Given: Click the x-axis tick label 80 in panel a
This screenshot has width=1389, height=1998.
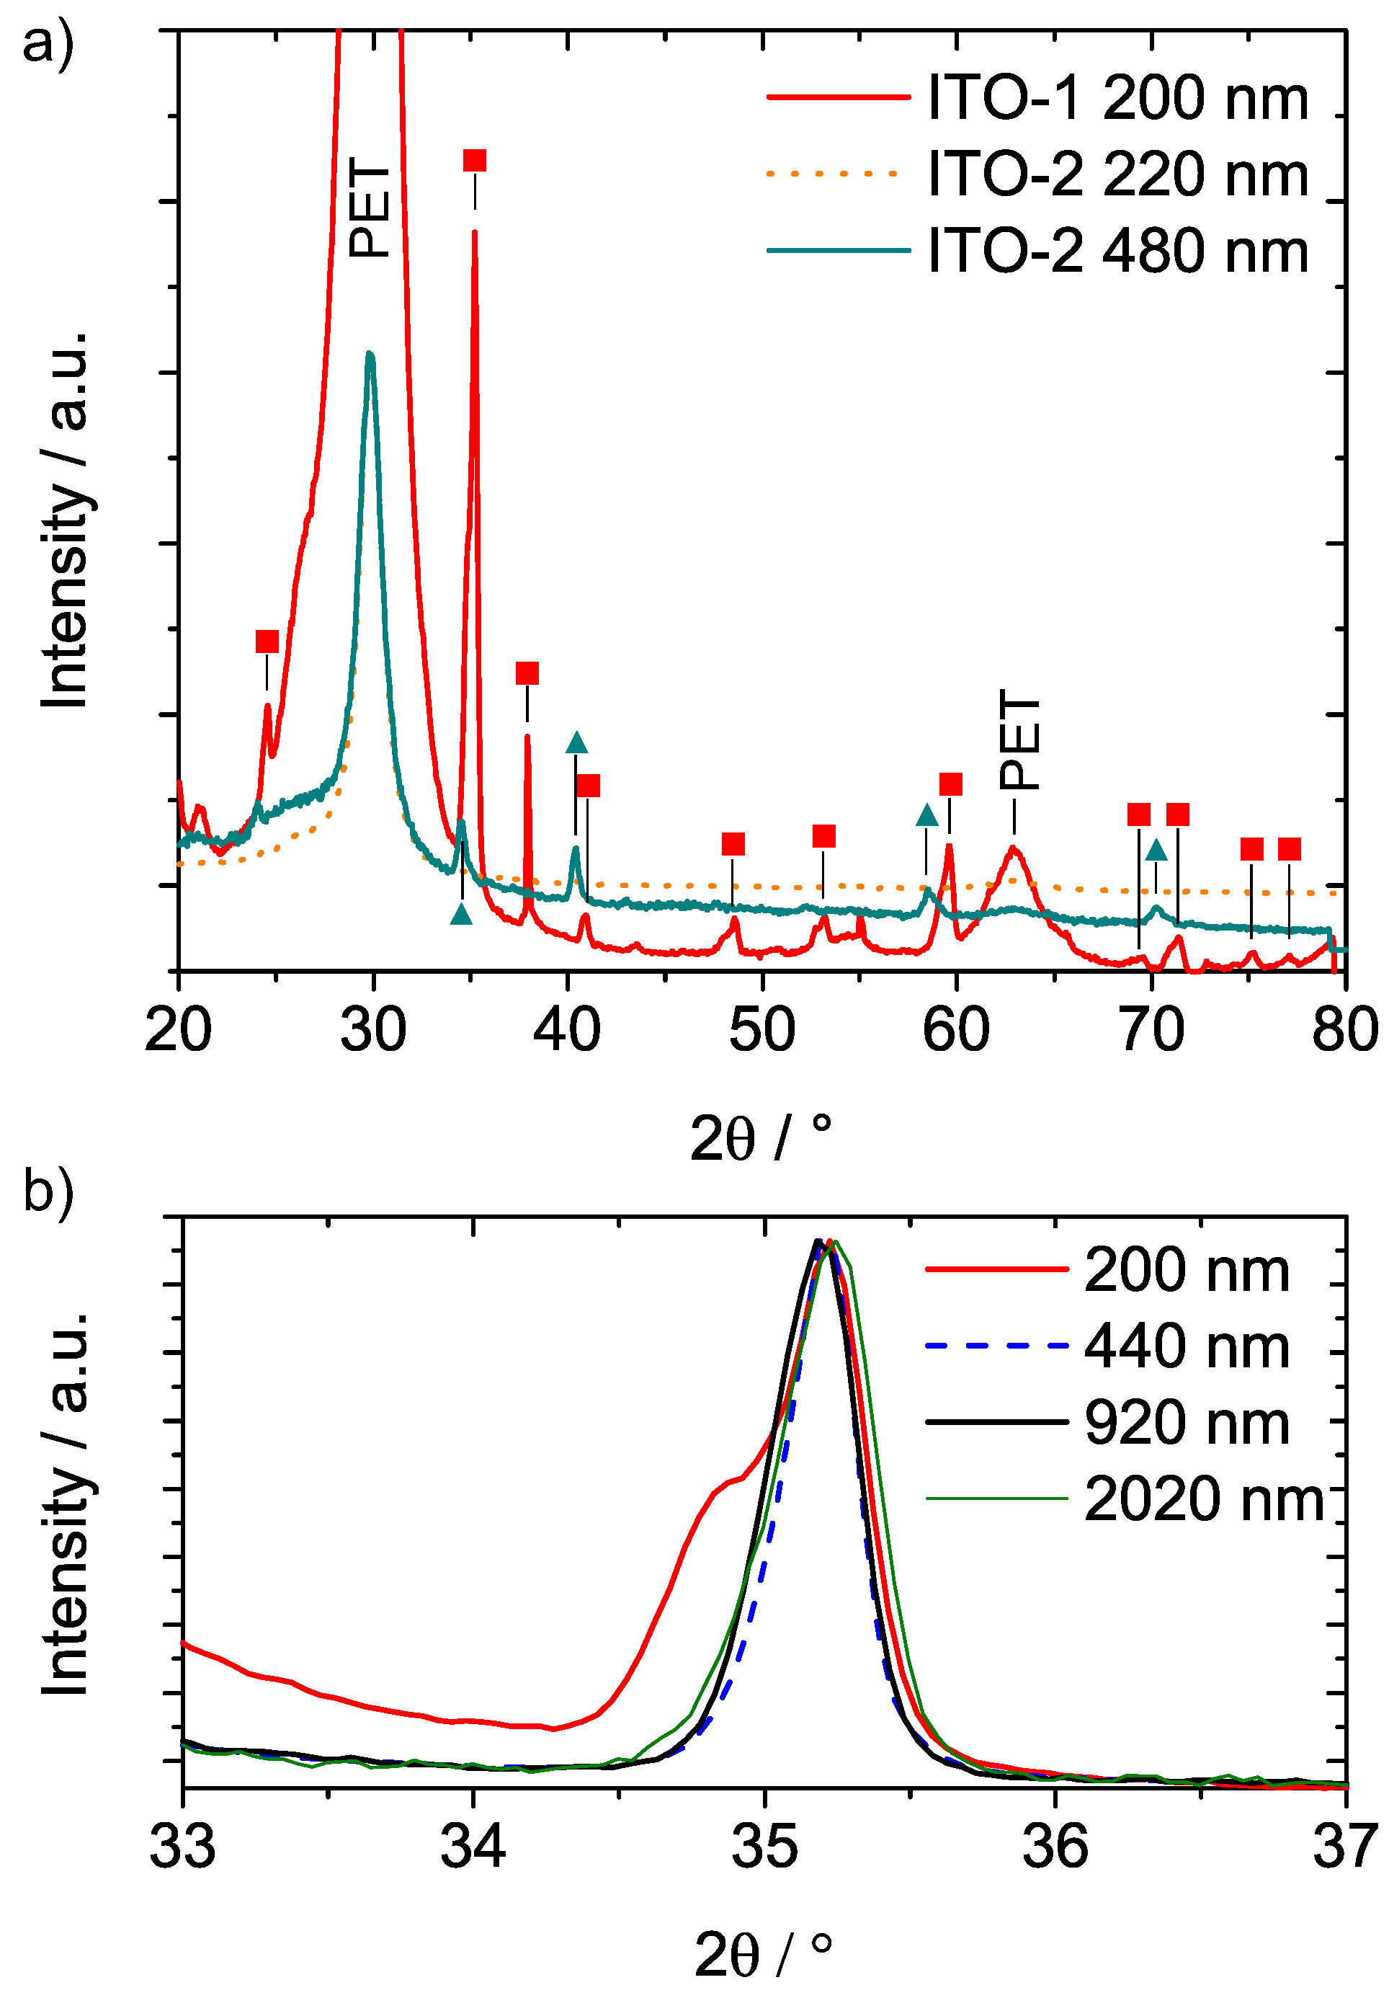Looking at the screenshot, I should [1344, 1029].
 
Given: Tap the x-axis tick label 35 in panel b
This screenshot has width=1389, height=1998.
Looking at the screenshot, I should [764, 1846].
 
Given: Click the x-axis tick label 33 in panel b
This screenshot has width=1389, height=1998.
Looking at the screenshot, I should [183, 1846].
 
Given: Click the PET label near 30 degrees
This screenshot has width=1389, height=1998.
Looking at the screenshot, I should [369, 207].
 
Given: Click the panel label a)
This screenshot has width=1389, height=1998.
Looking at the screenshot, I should [48, 43].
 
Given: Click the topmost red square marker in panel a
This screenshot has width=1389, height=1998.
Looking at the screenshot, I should [474, 160].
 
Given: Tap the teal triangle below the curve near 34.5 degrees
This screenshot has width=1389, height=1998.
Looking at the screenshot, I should [461, 915].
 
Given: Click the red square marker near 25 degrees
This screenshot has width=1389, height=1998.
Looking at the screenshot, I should [267, 641].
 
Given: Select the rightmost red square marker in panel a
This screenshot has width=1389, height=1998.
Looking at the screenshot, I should [1289, 848].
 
